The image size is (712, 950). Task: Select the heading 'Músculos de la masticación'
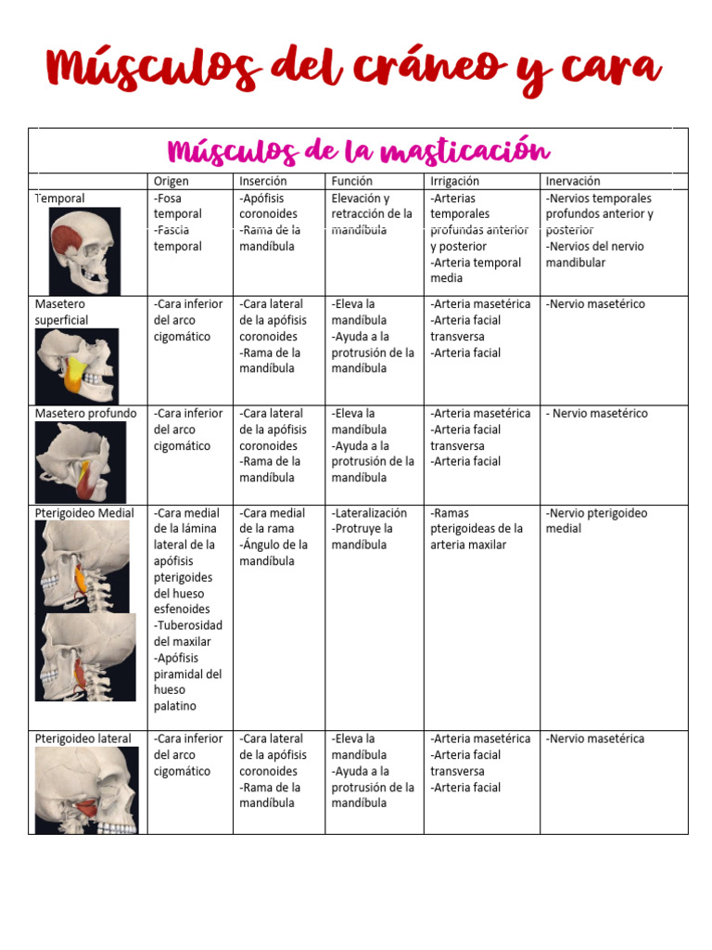click(358, 150)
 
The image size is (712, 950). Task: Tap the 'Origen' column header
click(171, 181)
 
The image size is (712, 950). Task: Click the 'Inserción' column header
click(263, 181)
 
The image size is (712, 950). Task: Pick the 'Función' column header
click(352, 181)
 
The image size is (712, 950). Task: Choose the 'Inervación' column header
click(573, 181)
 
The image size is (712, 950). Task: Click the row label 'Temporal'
click(59, 198)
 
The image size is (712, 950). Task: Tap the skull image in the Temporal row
click(84, 250)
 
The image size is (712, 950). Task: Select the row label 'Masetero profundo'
click(85, 413)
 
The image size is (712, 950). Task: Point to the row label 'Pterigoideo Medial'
click(84, 513)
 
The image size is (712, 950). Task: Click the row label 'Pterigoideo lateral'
click(83, 738)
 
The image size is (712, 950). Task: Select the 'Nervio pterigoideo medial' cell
click(596, 520)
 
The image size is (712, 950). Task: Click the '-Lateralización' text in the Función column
click(369, 513)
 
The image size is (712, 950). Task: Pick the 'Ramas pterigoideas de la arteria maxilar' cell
click(477, 529)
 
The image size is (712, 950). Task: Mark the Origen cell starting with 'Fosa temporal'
click(177, 222)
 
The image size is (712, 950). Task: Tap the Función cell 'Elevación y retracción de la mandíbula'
click(371, 213)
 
